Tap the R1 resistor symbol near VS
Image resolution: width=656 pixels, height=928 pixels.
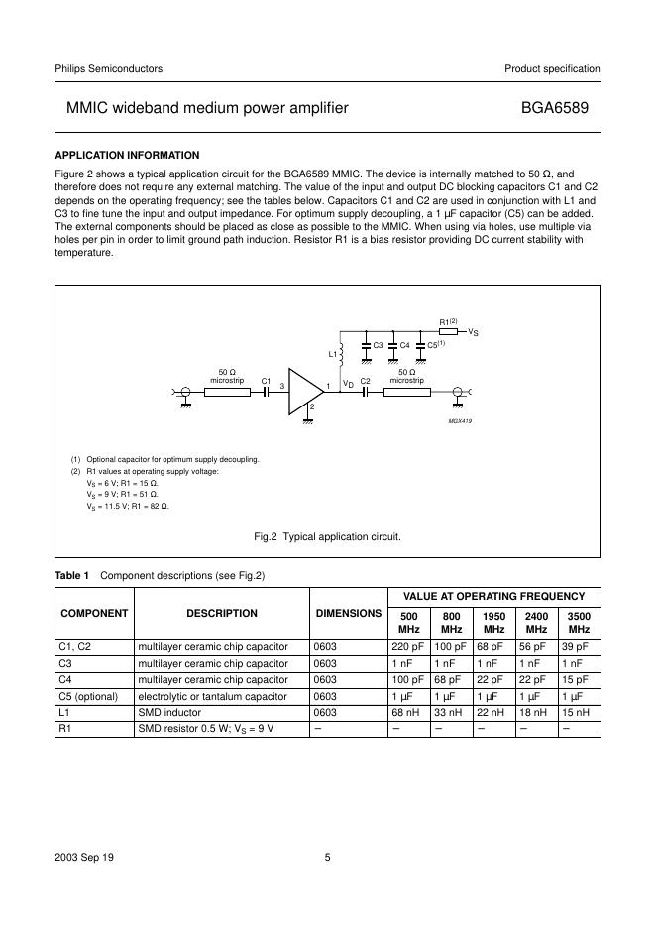point(448,332)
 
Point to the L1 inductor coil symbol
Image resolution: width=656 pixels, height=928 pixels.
point(341,352)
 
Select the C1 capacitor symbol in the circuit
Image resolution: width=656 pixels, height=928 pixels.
point(266,392)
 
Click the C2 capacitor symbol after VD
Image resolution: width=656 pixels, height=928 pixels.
point(365,392)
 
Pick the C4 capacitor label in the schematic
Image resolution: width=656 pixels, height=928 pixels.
point(404,345)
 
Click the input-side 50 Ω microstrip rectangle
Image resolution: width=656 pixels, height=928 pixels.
point(226,392)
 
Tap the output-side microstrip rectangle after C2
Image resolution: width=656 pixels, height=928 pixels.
point(406,392)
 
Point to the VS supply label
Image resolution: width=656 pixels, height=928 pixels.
point(474,333)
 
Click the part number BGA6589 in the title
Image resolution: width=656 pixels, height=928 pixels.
point(560,107)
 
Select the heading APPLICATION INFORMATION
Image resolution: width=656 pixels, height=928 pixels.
point(127,155)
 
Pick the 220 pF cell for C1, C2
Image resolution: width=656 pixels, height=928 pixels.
point(408,647)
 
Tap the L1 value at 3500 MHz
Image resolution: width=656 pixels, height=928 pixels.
point(580,712)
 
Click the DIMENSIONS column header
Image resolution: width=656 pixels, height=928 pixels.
point(348,613)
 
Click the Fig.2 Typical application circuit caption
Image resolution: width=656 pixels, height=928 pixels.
point(327,536)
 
